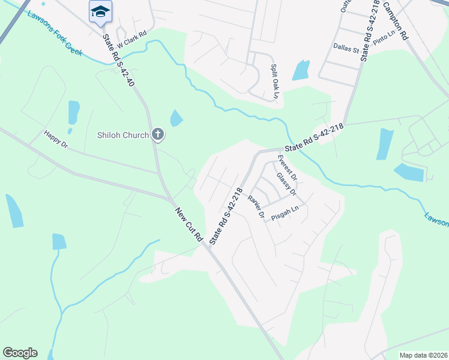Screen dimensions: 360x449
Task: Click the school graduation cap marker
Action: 100,11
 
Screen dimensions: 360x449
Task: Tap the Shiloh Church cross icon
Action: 158,134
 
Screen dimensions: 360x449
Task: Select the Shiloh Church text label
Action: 122,135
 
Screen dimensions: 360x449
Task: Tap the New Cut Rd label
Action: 189,225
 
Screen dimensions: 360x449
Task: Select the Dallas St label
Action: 346,46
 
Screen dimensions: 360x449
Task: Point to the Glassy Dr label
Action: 286,184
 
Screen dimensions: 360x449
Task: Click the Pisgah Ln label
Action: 285,212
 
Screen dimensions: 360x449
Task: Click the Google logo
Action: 20,353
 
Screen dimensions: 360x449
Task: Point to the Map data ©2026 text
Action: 423,355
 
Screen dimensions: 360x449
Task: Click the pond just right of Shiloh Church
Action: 176,118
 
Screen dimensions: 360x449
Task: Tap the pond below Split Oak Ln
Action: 301,71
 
